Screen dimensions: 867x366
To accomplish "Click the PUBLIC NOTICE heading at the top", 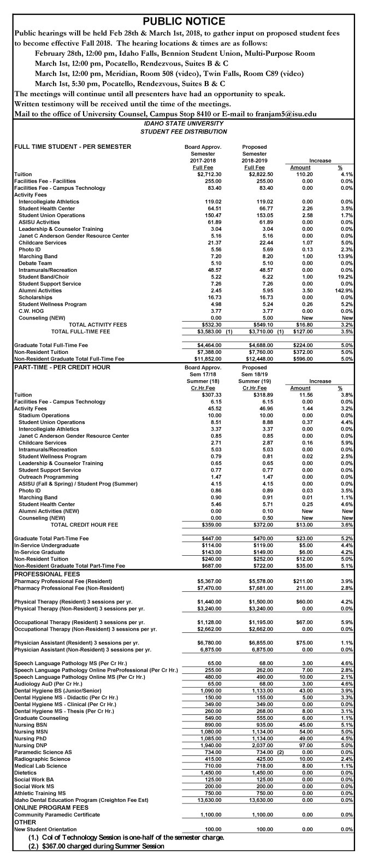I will point(183,21).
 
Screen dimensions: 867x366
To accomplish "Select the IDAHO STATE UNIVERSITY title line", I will point(183,124).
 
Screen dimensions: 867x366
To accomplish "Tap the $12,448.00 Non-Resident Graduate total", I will point(254,358).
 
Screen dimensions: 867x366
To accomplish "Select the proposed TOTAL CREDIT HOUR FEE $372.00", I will point(254,525).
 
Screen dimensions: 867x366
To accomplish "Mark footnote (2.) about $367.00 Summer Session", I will point(96,861).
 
